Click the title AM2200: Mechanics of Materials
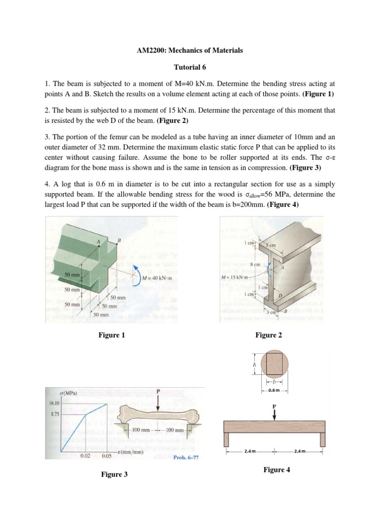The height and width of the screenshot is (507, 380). [190, 51]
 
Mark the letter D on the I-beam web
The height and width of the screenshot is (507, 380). [282, 295]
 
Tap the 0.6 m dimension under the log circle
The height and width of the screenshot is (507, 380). [274, 391]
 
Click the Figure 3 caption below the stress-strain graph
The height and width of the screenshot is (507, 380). [114, 474]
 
